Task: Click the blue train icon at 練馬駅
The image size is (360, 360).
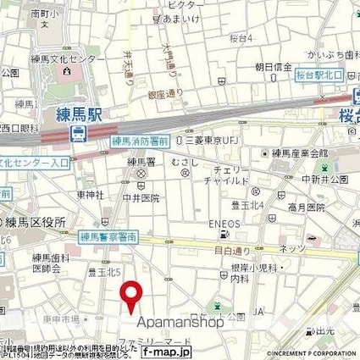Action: pyautogui.click(x=79, y=133)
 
